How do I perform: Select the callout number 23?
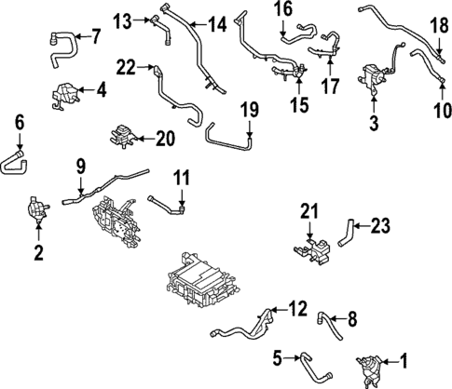pyautogui.click(x=382, y=223)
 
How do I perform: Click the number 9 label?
pyautogui.click(x=80, y=166)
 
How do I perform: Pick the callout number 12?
pyautogui.click(x=297, y=307)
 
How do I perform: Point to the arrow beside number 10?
pyautogui.click(x=440, y=91)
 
